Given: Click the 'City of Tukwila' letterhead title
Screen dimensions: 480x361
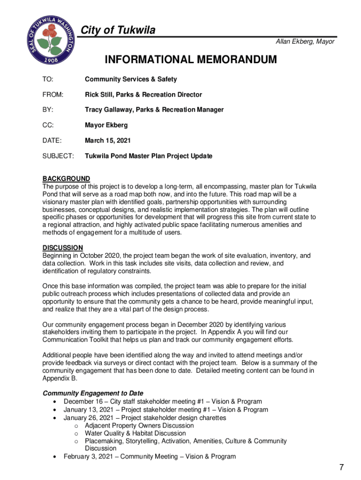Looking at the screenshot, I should pos(118,30).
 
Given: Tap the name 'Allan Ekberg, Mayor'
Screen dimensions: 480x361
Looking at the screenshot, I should pos(305,42).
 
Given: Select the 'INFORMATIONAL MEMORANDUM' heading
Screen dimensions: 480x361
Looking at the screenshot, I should pos(191,60).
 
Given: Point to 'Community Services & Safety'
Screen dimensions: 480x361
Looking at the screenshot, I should pos(131,80).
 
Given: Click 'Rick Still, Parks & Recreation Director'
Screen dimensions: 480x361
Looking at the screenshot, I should pos(143,95).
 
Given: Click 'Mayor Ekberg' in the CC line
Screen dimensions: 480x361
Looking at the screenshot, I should pos(106,125).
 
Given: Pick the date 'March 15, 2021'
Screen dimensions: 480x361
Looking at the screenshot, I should pos(108,140).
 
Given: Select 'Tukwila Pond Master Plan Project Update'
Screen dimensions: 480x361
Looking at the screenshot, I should pos(149,156).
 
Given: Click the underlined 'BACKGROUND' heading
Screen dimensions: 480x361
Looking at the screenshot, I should pos(66,179).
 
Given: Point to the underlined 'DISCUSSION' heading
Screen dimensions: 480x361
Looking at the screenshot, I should pos(63,247).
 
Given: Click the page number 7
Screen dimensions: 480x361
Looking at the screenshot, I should pos(342,467).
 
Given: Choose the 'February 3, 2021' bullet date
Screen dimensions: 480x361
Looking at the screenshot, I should pos(88,457).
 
